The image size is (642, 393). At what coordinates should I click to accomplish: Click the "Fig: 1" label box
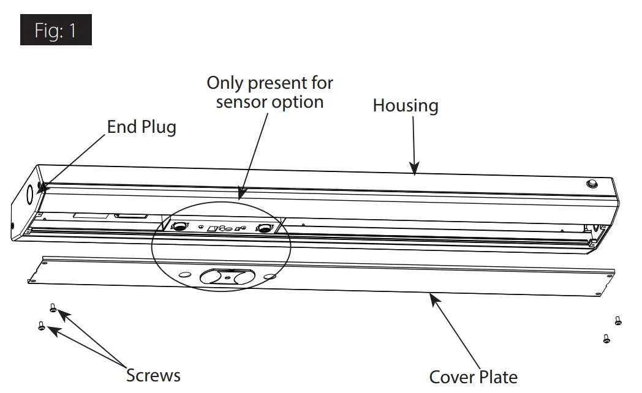pyautogui.click(x=56, y=30)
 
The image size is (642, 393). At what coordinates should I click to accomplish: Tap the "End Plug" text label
pyautogui.click(x=142, y=127)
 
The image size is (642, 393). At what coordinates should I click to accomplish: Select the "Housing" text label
pyautogui.click(x=406, y=105)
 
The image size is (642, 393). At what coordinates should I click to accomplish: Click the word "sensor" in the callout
pyautogui.click(x=243, y=102)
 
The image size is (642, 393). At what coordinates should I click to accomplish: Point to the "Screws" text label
pyautogui.click(x=153, y=375)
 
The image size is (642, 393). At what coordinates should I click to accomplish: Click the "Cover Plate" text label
pyautogui.click(x=473, y=377)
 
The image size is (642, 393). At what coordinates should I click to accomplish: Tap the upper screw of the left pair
pyautogui.click(x=53, y=309)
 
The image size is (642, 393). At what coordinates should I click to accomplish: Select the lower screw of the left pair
pyautogui.click(x=42, y=326)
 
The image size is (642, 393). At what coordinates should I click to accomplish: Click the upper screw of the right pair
pyautogui.click(x=617, y=320)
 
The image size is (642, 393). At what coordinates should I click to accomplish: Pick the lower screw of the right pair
pyautogui.click(x=606, y=338)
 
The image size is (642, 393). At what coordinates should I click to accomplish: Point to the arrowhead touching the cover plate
pyautogui.click(x=433, y=298)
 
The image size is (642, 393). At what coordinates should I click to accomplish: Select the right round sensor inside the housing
pyautogui.click(x=264, y=228)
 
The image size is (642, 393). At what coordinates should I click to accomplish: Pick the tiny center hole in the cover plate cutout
pyautogui.click(x=228, y=279)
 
